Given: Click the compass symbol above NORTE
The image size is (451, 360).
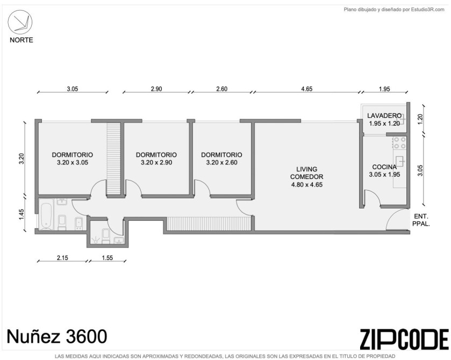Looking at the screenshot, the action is [20, 23].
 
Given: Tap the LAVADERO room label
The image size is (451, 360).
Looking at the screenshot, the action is [384, 116].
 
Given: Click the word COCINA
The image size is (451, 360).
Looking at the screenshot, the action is [384, 167].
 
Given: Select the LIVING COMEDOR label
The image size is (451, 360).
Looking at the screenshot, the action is [306, 173].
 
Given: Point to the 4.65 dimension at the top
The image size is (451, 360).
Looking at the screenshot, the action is [306, 89].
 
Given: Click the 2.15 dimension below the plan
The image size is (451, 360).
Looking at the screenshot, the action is [62, 257].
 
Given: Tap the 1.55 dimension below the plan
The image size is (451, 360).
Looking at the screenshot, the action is [108, 257].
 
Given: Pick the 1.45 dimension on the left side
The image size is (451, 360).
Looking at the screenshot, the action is [22, 214].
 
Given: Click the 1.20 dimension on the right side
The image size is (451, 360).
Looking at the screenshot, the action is [420, 119].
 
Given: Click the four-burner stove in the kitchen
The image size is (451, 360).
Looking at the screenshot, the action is [400, 143].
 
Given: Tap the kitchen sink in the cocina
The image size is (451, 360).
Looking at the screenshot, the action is [400, 162].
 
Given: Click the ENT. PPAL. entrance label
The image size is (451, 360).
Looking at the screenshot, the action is [421, 220].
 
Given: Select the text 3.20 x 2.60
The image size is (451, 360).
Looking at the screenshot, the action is [222, 162].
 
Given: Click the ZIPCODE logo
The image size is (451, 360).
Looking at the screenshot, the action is [404, 339].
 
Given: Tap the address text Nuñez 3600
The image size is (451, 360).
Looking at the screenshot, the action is [56, 336].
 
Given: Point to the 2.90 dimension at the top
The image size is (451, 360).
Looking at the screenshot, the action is [156, 89].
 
